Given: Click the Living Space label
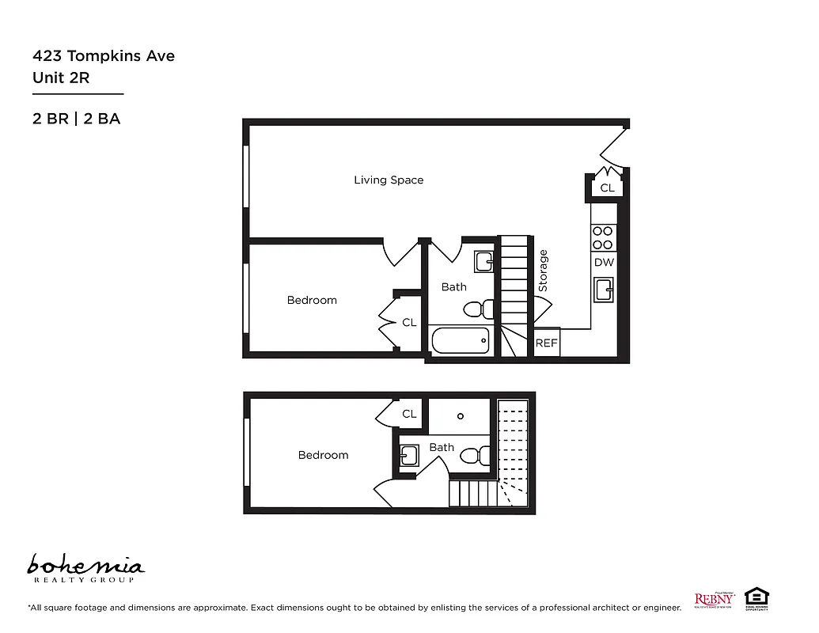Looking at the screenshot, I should [x=389, y=180].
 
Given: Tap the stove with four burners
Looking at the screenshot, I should [x=603, y=237].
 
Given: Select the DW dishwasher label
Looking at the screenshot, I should [x=604, y=263].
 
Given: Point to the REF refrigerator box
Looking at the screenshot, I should [x=547, y=343].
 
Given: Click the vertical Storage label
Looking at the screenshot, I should [x=543, y=271].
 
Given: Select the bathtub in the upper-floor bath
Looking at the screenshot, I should [x=461, y=341].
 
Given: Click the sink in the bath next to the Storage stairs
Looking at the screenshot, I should [x=483, y=261].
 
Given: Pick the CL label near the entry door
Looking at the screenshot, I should [x=607, y=188].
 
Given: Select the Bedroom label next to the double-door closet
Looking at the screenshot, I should [x=312, y=301].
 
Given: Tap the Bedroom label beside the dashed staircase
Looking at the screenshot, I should [x=323, y=455].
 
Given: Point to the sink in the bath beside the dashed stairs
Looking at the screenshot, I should [x=408, y=456].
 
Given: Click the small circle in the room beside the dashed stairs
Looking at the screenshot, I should [x=461, y=415].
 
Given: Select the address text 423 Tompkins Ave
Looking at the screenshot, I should [x=104, y=56].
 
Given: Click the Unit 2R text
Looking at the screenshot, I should [x=61, y=78].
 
